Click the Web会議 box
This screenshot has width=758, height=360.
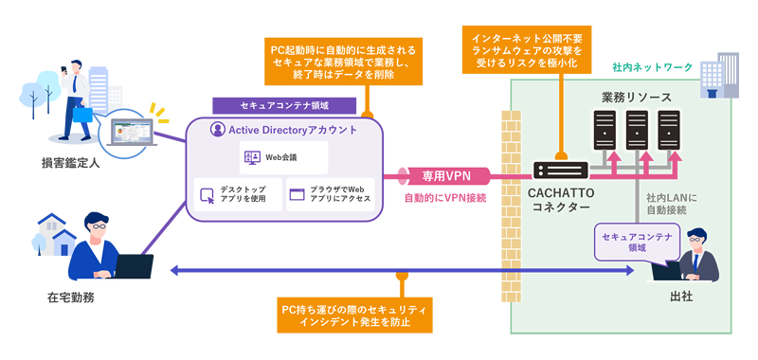(x=284, y=155)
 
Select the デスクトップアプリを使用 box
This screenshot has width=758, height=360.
(x=236, y=194)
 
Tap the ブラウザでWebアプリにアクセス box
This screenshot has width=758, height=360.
(x=329, y=194)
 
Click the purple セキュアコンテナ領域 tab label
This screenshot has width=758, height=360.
(x=284, y=104)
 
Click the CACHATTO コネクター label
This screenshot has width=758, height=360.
(x=559, y=200)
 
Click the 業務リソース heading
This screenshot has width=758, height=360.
(x=637, y=98)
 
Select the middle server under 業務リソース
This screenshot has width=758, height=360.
(x=637, y=132)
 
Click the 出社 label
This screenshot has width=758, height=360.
(x=680, y=296)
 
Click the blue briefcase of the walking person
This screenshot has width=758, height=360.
(x=82, y=113)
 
